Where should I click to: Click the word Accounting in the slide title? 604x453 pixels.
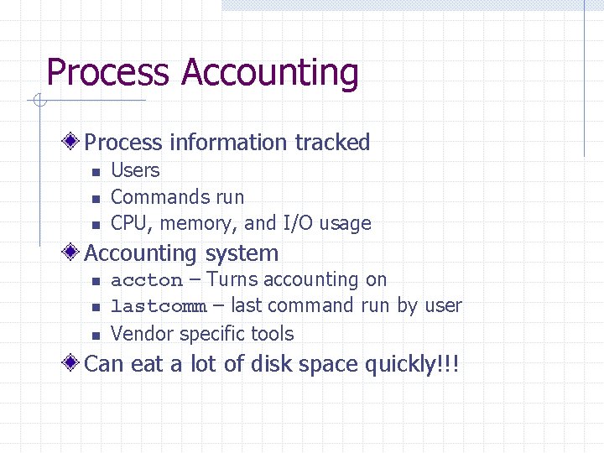point(270,73)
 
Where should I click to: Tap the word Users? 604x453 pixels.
point(135,170)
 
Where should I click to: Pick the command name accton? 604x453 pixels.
point(147,280)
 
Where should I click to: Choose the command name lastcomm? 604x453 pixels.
point(159,307)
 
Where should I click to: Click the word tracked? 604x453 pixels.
point(332,143)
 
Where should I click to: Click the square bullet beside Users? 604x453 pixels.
point(96,172)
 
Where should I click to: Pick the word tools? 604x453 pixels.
point(273,334)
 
